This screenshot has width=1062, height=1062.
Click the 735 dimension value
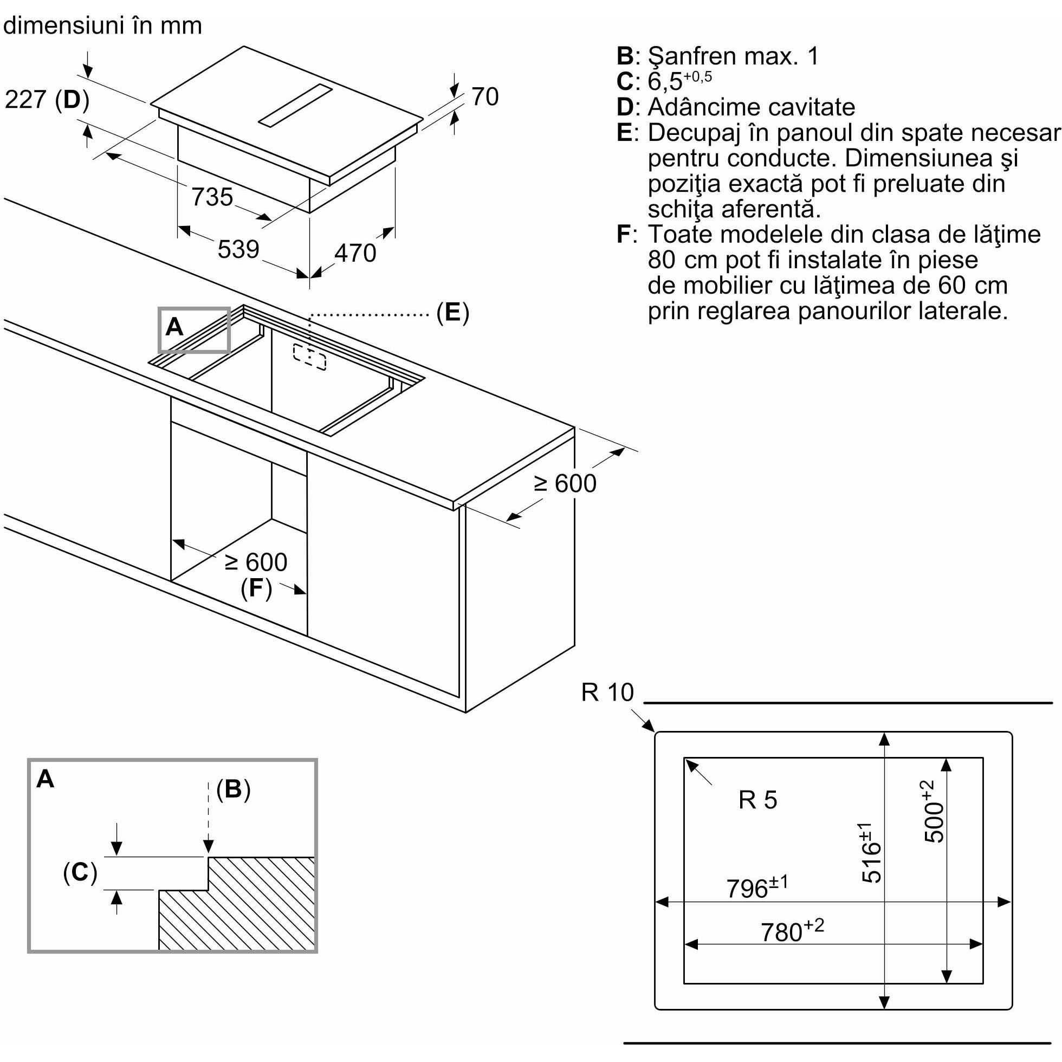[212, 197]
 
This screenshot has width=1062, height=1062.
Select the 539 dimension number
[238, 249]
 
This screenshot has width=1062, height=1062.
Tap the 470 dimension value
[355, 253]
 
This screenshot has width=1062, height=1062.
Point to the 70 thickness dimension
[485, 97]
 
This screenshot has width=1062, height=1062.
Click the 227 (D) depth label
[47, 100]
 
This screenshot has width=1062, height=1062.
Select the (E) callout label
[452, 312]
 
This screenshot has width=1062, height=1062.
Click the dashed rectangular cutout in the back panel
[309, 357]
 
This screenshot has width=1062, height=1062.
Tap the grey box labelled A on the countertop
[193, 329]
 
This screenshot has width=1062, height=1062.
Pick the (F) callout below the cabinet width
[256, 589]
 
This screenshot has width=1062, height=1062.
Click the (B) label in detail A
[233, 789]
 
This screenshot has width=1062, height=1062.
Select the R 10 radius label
[607, 692]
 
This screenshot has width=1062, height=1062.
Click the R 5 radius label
[757, 800]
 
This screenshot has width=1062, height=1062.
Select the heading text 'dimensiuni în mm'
[103, 25]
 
